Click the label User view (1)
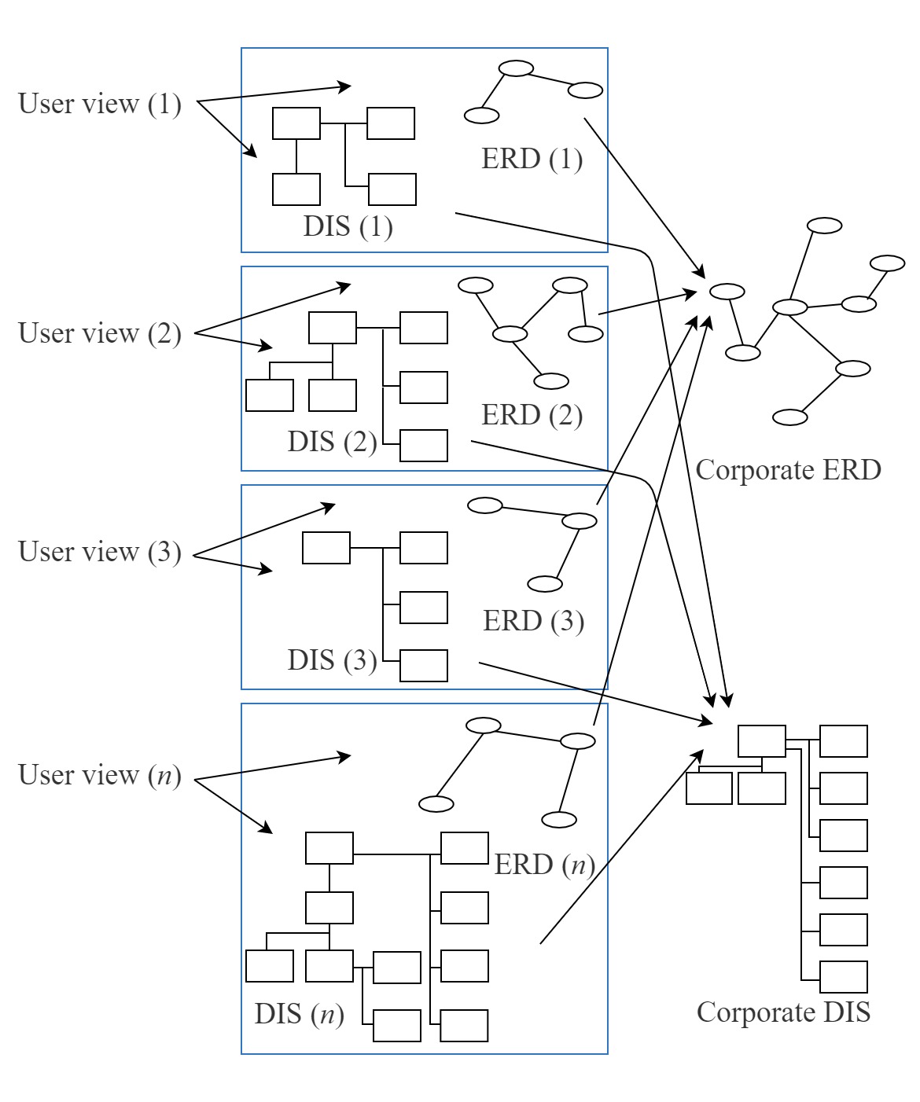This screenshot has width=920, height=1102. click(x=100, y=104)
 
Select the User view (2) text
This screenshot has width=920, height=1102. click(x=100, y=333)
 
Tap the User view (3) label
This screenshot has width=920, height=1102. click(x=100, y=552)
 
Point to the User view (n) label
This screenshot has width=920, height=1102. click(x=100, y=776)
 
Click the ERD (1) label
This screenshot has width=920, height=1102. click(x=532, y=160)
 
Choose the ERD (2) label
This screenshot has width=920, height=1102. click(x=532, y=415)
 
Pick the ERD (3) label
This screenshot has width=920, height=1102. click(x=533, y=621)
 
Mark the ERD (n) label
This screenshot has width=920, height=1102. click(x=544, y=865)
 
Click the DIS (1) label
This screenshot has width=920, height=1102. click(x=348, y=227)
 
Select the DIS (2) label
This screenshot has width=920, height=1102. click(x=332, y=442)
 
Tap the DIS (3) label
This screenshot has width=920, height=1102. click(x=332, y=660)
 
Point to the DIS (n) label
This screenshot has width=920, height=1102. click(x=299, y=1015)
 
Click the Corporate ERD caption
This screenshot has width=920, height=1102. click(x=788, y=470)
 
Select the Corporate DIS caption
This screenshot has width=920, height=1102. click(x=783, y=1012)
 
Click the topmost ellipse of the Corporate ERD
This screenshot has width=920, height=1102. click(x=825, y=226)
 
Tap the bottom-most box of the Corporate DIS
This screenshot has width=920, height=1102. click(x=843, y=977)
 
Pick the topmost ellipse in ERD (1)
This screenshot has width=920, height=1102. click(x=517, y=68)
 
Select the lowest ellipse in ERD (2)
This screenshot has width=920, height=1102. click(x=550, y=382)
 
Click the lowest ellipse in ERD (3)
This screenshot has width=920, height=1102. click(x=544, y=584)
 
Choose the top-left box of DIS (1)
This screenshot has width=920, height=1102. click(x=296, y=123)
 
